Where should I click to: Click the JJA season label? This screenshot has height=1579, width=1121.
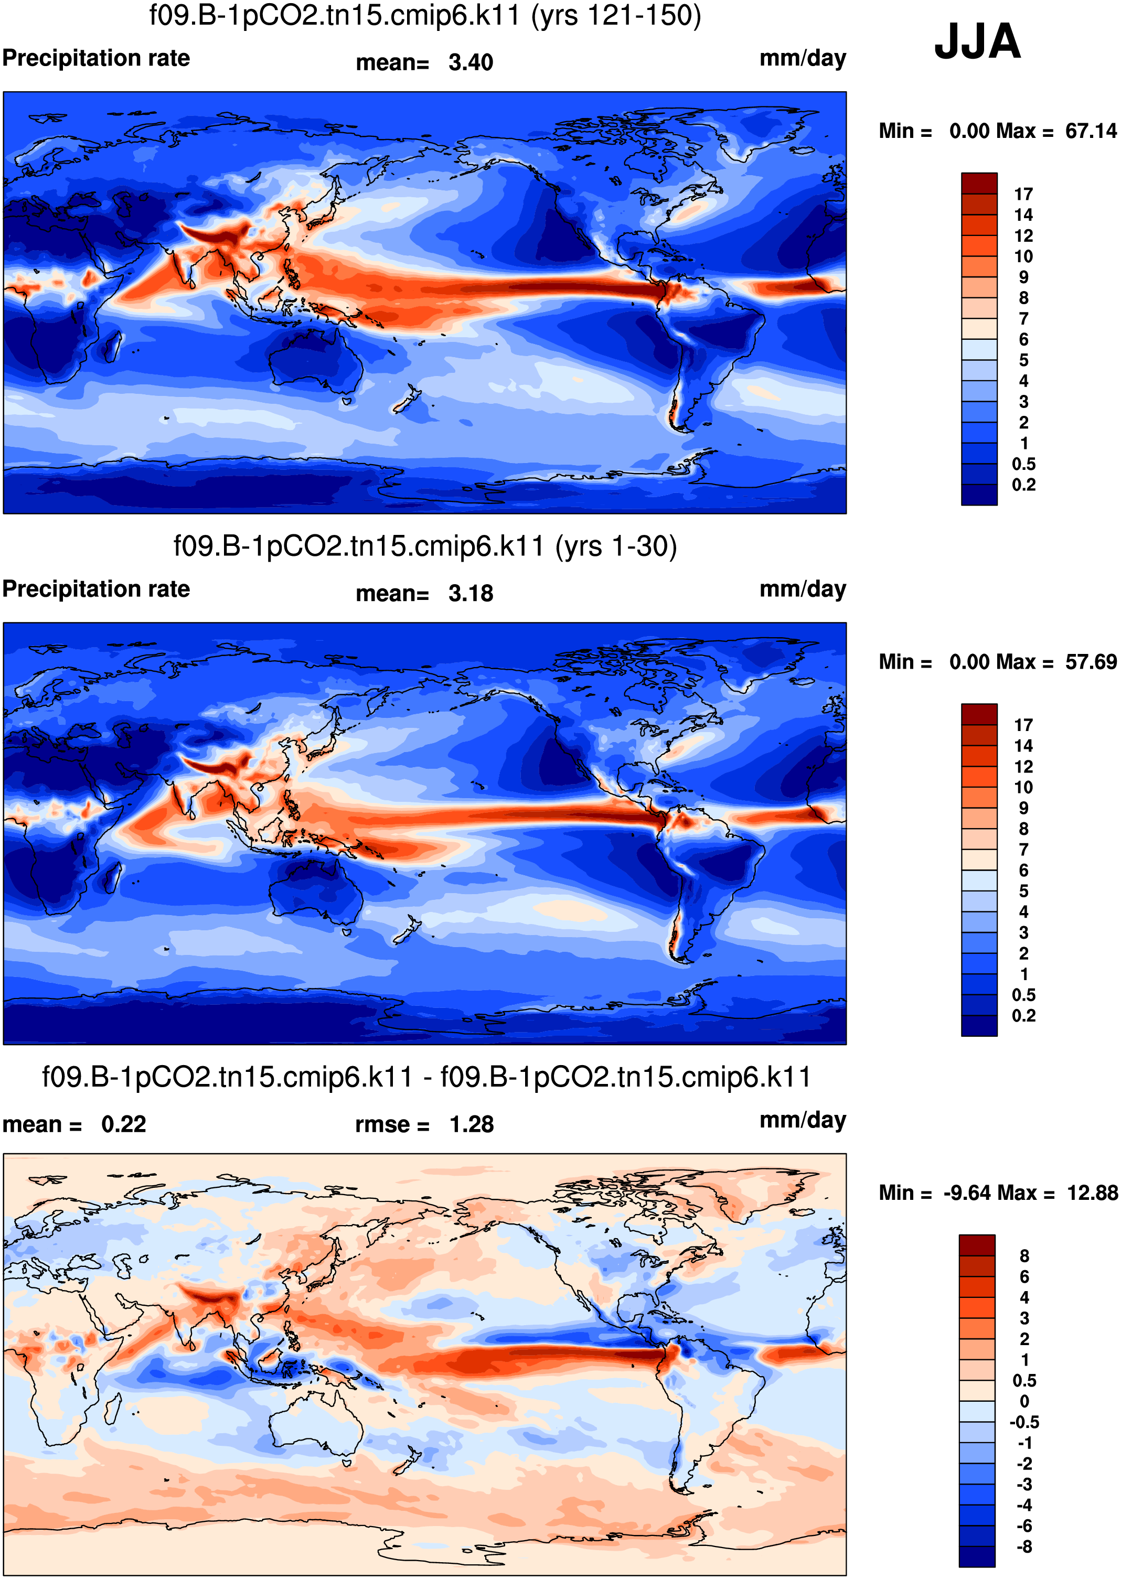[977, 41]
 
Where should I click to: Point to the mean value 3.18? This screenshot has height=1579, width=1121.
[471, 594]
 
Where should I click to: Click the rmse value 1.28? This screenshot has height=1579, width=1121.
[472, 1124]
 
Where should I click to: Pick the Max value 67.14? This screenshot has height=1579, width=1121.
[1091, 131]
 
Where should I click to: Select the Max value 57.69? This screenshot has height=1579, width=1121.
[1091, 662]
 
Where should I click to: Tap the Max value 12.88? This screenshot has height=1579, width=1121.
[1092, 1193]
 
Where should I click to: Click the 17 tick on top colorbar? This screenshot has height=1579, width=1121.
[1023, 194]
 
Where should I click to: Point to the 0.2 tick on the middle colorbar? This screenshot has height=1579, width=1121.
[1023, 1015]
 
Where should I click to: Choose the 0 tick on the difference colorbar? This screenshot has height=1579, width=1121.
[1024, 1402]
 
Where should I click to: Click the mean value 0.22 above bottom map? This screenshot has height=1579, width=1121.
[124, 1124]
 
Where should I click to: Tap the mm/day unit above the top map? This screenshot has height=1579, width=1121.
[803, 59]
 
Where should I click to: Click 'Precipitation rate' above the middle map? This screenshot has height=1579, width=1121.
[96, 589]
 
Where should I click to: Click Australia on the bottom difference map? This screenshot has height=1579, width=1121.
[314, 1425]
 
